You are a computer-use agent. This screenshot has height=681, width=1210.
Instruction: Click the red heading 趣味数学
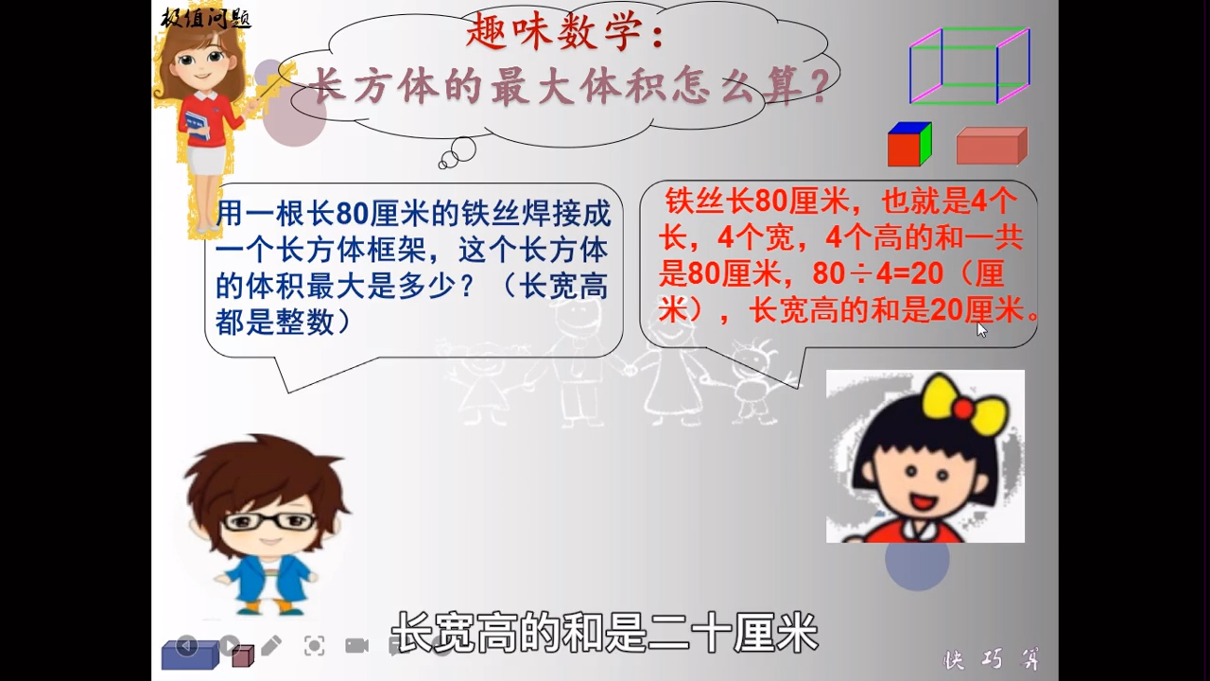pos(565,36)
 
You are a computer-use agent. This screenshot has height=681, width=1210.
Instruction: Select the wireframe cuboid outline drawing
pos(969,65)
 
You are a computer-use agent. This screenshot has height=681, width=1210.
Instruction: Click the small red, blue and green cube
pos(909,145)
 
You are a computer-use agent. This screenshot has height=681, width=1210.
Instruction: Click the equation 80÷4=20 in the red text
pos(878,274)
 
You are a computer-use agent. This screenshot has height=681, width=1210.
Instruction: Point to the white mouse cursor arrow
pos(981,329)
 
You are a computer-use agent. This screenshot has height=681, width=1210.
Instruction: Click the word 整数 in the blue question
pos(304,323)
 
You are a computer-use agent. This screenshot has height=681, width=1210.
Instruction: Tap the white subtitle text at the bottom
pos(604,632)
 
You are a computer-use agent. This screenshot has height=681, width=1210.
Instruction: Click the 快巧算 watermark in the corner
pos(992,659)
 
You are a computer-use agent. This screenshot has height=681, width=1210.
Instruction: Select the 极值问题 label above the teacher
pos(205,17)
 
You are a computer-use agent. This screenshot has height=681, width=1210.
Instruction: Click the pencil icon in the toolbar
pos(271,645)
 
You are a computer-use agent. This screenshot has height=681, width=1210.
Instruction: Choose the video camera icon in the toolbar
pos(356,645)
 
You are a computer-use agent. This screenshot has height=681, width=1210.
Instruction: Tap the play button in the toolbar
pos(230,645)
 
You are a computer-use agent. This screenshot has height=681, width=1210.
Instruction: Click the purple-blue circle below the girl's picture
pos(916,559)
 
